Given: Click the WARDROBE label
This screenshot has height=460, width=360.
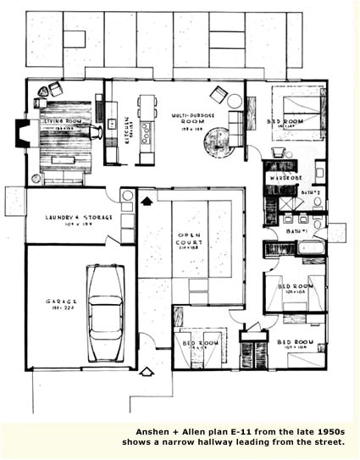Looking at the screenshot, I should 287,179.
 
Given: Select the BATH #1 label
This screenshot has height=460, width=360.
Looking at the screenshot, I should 296,230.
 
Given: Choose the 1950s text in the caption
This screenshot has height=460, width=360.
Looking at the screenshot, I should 325,430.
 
